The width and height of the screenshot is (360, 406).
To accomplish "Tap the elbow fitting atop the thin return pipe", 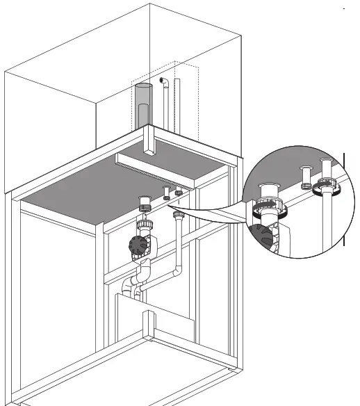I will (164, 83).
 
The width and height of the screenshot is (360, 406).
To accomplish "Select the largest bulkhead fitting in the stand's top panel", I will (146, 203).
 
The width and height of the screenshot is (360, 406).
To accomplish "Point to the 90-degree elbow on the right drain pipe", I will (179, 270).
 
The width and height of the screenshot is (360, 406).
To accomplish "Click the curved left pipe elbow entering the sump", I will (127, 287).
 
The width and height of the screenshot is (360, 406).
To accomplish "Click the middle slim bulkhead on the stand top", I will (166, 193).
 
